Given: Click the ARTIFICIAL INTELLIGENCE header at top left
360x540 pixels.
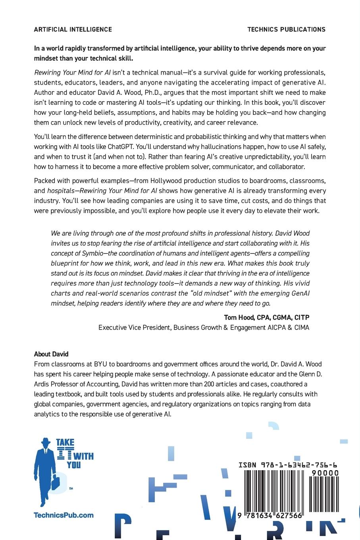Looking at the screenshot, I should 73,29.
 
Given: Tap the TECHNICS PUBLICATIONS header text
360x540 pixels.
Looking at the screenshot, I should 286,29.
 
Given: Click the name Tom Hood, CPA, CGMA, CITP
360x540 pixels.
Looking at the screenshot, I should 266,317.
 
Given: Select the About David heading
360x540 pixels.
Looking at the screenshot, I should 51,354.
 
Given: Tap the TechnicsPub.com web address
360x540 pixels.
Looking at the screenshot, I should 64,515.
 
